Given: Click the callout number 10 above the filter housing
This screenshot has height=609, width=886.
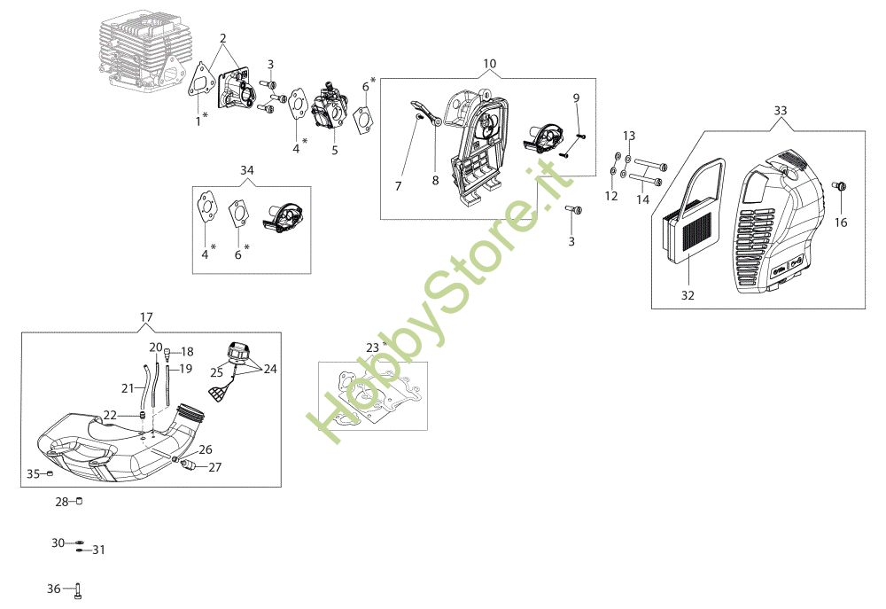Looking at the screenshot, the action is pyautogui.click(x=489, y=63).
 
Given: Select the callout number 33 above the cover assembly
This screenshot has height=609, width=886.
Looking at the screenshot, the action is pyautogui.click(x=780, y=110).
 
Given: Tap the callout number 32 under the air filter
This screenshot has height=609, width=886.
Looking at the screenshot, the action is pyautogui.click(x=688, y=295).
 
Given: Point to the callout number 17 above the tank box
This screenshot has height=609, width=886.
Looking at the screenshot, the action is pyautogui.click(x=146, y=317).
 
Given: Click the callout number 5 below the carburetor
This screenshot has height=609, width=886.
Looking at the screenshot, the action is pyautogui.click(x=335, y=151).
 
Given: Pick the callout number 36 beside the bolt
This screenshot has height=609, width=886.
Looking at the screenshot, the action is pyautogui.click(x=54, y=589).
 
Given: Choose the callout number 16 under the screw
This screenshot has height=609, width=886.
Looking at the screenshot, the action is pyautogui.click(x=841, y=223).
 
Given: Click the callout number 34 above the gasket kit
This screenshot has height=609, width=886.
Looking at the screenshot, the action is pyautogui.click(x=247, y=170).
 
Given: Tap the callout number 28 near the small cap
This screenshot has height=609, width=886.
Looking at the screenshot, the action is pyautogui.click(x=62, y=501).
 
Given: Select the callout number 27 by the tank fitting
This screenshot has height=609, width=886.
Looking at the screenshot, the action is pyautogui.click(x=214, y=467).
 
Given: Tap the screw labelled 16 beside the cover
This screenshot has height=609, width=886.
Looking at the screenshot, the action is pyautogui.click(x=839, y=186).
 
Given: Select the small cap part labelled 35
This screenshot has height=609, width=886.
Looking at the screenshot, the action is pyautogui.click(x=49, y=472).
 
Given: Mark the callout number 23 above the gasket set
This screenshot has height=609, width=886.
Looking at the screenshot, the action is pyautogui.click(x=372, y=347).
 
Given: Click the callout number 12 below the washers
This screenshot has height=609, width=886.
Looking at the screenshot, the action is pyautogui.click(x=611, y=196).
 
